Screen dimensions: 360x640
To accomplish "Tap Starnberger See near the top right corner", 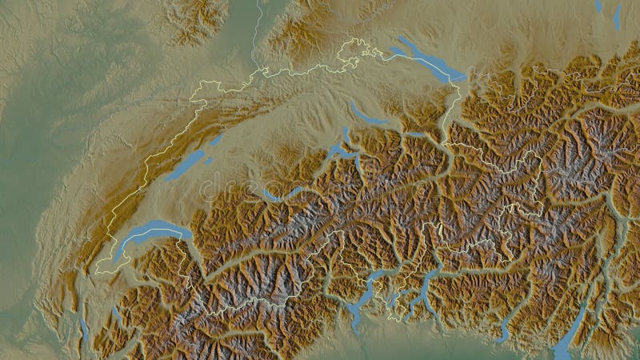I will click(x=617, y=16).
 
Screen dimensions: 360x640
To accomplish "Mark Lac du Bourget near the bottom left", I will click(x=85, y=328).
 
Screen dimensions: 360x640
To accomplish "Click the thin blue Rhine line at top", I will click(x=257, y=32).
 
